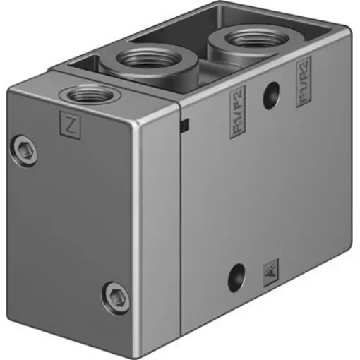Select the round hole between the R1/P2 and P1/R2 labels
[x=269, y=98]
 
